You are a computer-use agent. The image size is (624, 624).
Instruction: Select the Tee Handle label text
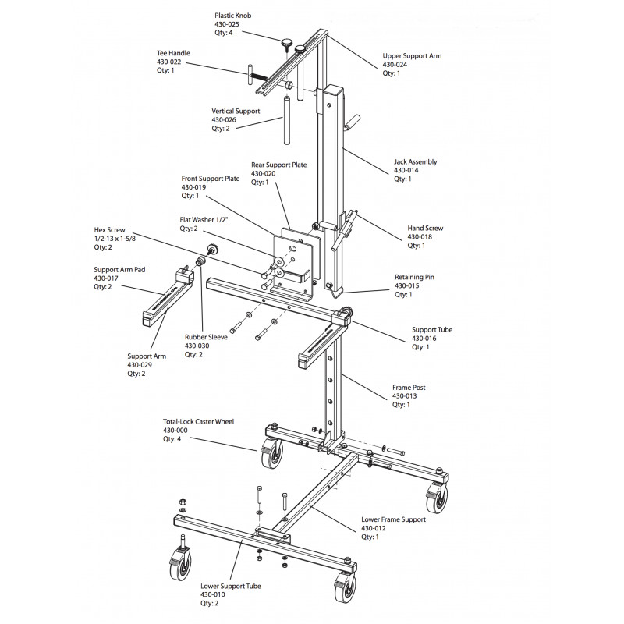[x=173, y=53]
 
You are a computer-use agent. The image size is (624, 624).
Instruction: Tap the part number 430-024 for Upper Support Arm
[x=396, y=65]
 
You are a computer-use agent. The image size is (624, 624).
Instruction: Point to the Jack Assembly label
[x=415, y=161]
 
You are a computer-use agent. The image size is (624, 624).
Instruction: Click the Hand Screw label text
[x=425, y=228]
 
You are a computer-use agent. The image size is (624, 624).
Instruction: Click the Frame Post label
[x=408, y=387]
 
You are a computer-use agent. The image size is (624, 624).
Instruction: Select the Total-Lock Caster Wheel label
[x=198, y=421]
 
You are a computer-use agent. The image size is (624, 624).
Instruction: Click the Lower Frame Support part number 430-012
[x=374, y=528]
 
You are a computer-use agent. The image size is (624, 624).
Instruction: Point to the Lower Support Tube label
[x=230, y=585]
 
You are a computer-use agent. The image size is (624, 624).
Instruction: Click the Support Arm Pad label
[x=118, y=269]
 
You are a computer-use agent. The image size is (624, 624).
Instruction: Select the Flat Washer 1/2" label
[x=202, y=220]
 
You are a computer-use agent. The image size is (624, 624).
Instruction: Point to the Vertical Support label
[x=236, y=111]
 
